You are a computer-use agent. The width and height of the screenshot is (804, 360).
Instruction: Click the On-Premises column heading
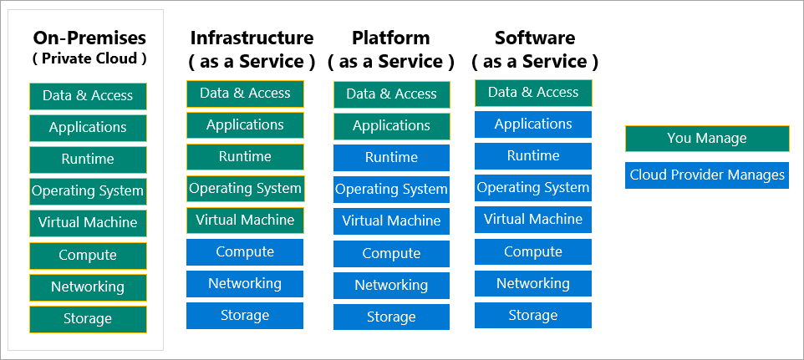tap(89, 38)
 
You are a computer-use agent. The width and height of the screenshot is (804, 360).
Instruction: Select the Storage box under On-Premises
tap(88, 319)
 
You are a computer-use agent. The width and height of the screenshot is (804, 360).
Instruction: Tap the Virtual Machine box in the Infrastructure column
tap(245, 221)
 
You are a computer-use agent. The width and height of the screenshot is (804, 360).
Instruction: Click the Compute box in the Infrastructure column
tap(245, 252)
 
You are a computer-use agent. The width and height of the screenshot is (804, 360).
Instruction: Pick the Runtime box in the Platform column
tap(391, 158)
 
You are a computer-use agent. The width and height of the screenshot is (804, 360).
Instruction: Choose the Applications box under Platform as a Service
tap(391, 126)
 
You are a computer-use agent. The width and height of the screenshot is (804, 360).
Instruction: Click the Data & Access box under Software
tap(533, 93)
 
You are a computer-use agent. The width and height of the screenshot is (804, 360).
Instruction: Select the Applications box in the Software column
tap(533, 124)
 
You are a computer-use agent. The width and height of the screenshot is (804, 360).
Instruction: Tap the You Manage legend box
tap(706, 139)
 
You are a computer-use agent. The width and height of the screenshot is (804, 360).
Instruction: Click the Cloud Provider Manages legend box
tap(706, 175)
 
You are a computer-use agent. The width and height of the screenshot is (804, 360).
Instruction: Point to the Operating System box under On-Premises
tap(88, 191)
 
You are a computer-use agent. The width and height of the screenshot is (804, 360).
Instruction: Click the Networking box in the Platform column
tap(391, 286)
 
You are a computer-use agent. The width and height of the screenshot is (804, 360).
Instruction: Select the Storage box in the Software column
tap(533, 315)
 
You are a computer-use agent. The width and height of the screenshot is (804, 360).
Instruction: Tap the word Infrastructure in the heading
tap(252, 38)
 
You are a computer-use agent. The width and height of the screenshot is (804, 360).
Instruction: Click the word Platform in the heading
tap(391, 38)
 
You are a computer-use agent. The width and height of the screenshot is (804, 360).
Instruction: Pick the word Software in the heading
tap(535, 38)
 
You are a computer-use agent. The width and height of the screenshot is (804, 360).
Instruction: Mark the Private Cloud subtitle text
tap(89, 58)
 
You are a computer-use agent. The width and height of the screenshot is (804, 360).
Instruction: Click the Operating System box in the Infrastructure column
tap(245, 189)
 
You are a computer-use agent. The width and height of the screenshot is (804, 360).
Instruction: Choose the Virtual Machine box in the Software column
tap(533, 220)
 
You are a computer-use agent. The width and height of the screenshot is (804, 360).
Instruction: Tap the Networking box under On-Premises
tap(88, 287)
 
